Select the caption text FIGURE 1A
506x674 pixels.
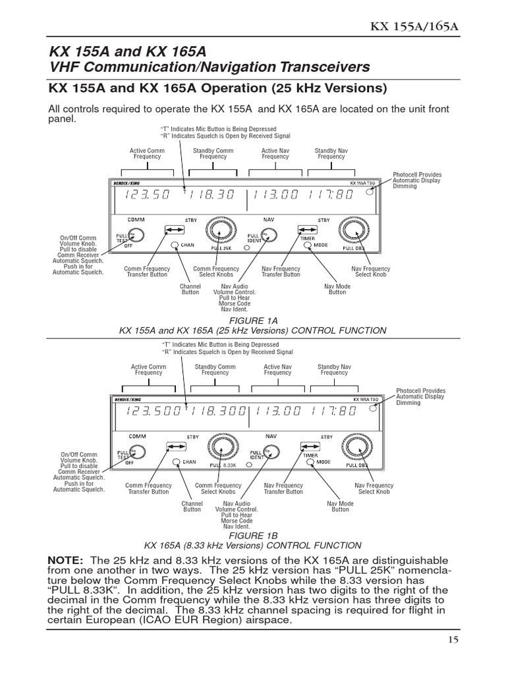[x=252, y=320]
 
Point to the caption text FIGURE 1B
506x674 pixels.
[x=252, y=536]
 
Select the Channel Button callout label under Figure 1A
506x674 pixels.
[x=190, y=290]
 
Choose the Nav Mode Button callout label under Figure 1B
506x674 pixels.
[x=340, y=506]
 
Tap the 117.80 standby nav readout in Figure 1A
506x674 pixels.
[x=329, y=195]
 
